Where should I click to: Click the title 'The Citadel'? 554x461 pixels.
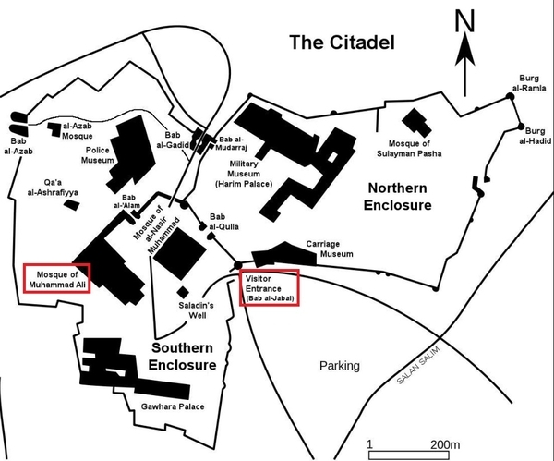(342, 42)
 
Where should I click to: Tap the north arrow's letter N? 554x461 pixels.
(464, 21)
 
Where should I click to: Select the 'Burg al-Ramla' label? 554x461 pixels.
(529, 83)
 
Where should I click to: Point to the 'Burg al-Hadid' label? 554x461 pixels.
(535, 136)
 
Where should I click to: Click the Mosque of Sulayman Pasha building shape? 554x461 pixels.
(416, 123)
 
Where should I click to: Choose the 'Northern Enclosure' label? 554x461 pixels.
(397, 197)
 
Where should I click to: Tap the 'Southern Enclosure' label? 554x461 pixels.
(182, 357)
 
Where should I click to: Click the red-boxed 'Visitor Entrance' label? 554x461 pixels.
(270, 287)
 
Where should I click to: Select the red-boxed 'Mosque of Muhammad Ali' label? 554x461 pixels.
(57, 279)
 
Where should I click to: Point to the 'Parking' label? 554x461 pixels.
(340, 366)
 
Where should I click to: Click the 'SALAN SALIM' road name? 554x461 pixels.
(418, 366)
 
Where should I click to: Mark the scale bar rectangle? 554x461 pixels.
(409, 455)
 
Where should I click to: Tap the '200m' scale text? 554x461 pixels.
(445, 444)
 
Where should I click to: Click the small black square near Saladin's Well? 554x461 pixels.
(183, 292)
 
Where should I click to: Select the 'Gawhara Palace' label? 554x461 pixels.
(173, 406)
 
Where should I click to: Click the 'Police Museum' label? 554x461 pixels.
(98, 155)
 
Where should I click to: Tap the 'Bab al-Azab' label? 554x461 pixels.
(18, 146)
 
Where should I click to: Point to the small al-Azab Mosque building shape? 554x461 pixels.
(54, 129)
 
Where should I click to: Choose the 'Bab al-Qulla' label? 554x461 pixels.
(224, 222)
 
